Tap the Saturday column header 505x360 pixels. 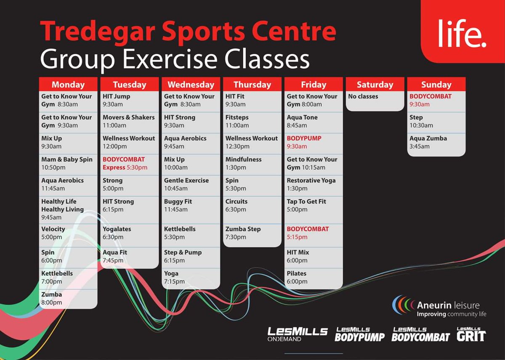click(x=375, y=85)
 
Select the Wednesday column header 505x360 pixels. click(x=191, y=85)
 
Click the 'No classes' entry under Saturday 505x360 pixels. click(x=363, y=96)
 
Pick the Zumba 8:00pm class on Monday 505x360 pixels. click(x=52, y=299)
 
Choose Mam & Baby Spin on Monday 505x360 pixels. click(x=66, y=164)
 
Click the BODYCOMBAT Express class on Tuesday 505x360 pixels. click(x=125, y=164)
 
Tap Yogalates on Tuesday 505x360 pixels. click(x=117, y=233)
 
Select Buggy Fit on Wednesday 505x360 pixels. click(x=178, y=206)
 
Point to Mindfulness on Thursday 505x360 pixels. click(x=243, y=164)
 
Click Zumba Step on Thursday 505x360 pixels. click(x=243, y=233)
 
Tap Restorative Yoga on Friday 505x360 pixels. click(x=311, y=185)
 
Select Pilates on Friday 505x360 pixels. click(x=297, y=277)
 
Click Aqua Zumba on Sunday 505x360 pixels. click(x=428, y=142)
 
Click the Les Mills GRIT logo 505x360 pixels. click(x=471, y=334)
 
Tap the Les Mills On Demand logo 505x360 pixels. click(x=297, y=334)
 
